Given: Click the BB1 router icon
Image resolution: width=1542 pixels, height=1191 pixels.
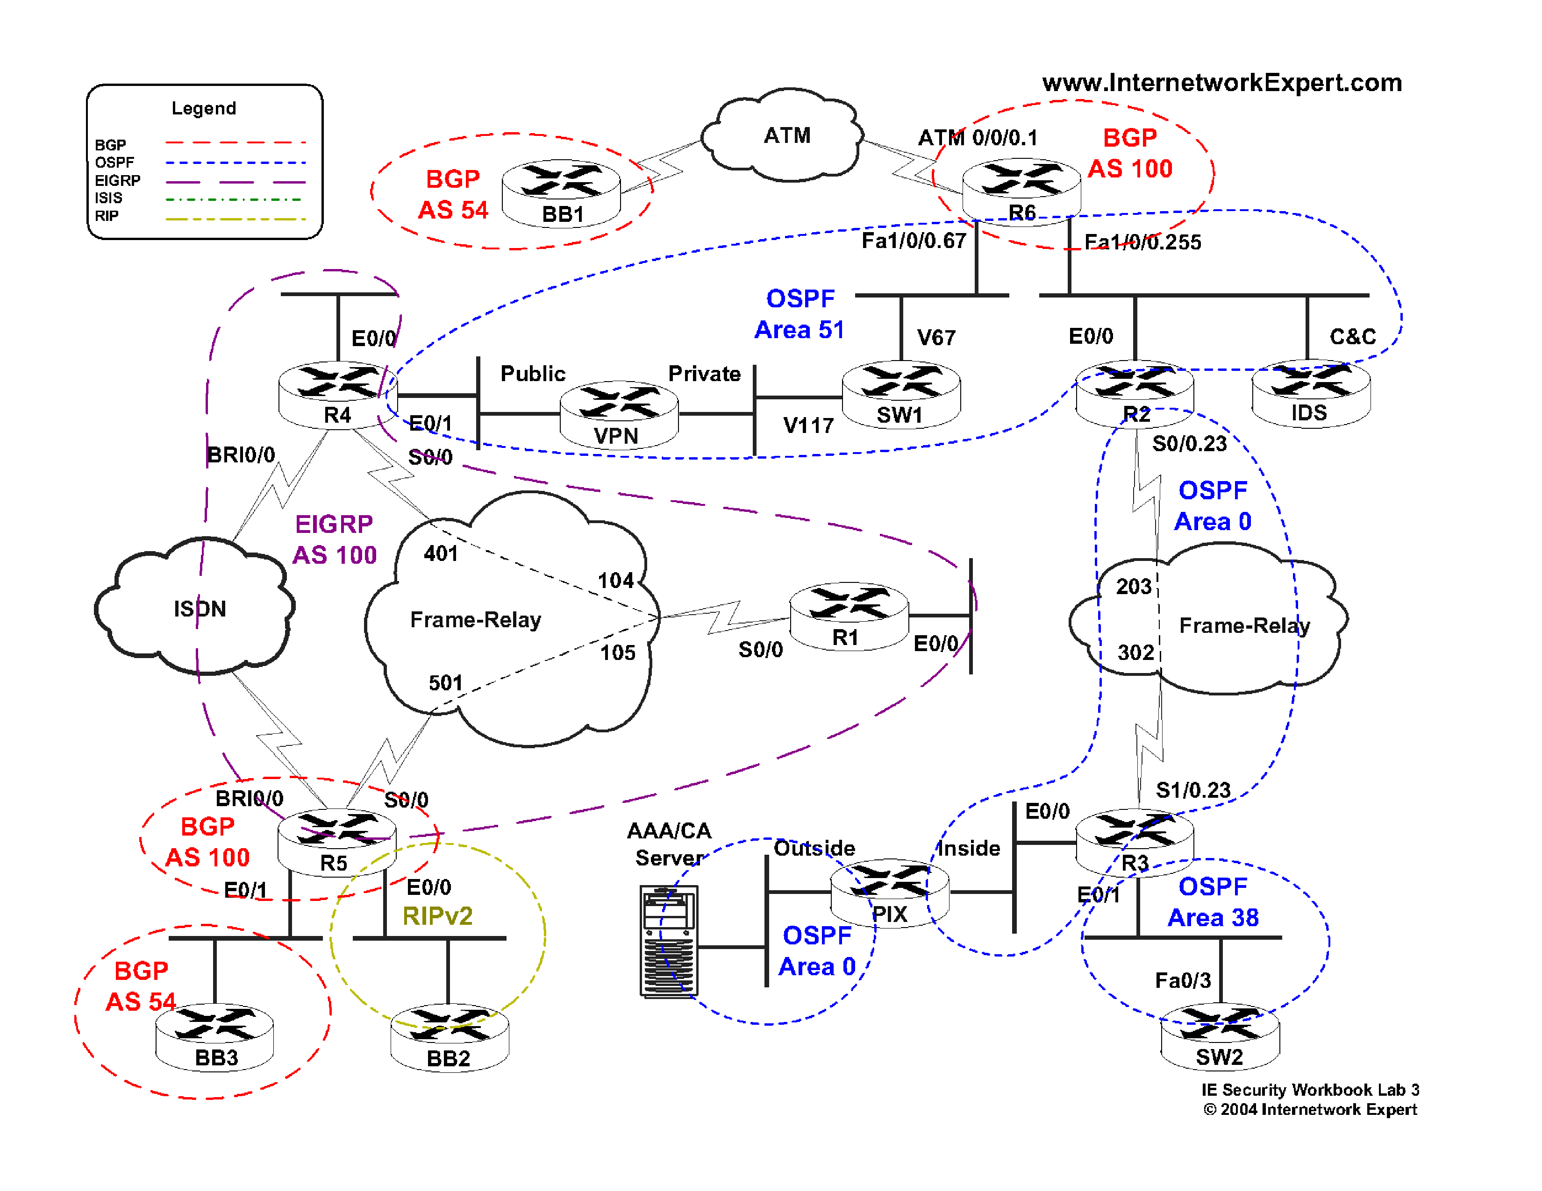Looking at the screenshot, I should tap(561, 192).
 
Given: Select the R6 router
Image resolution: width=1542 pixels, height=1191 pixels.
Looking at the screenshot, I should tap(1021, 191).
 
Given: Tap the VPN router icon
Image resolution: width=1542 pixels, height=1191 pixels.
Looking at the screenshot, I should tap(619, 415).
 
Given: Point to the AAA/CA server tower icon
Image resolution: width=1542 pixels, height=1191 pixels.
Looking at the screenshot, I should tap(668, 941).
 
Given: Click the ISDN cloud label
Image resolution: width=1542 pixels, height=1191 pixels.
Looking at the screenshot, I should tap(200, 608).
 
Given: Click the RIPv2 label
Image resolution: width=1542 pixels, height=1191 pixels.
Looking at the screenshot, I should tap(437, 916).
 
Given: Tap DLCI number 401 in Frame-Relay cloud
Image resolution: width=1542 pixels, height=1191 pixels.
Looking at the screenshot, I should tap(441, 553).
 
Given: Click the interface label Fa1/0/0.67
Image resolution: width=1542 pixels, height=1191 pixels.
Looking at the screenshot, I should tap(913, 241).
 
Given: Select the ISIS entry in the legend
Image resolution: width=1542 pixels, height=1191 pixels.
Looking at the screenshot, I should tap(109, 198).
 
